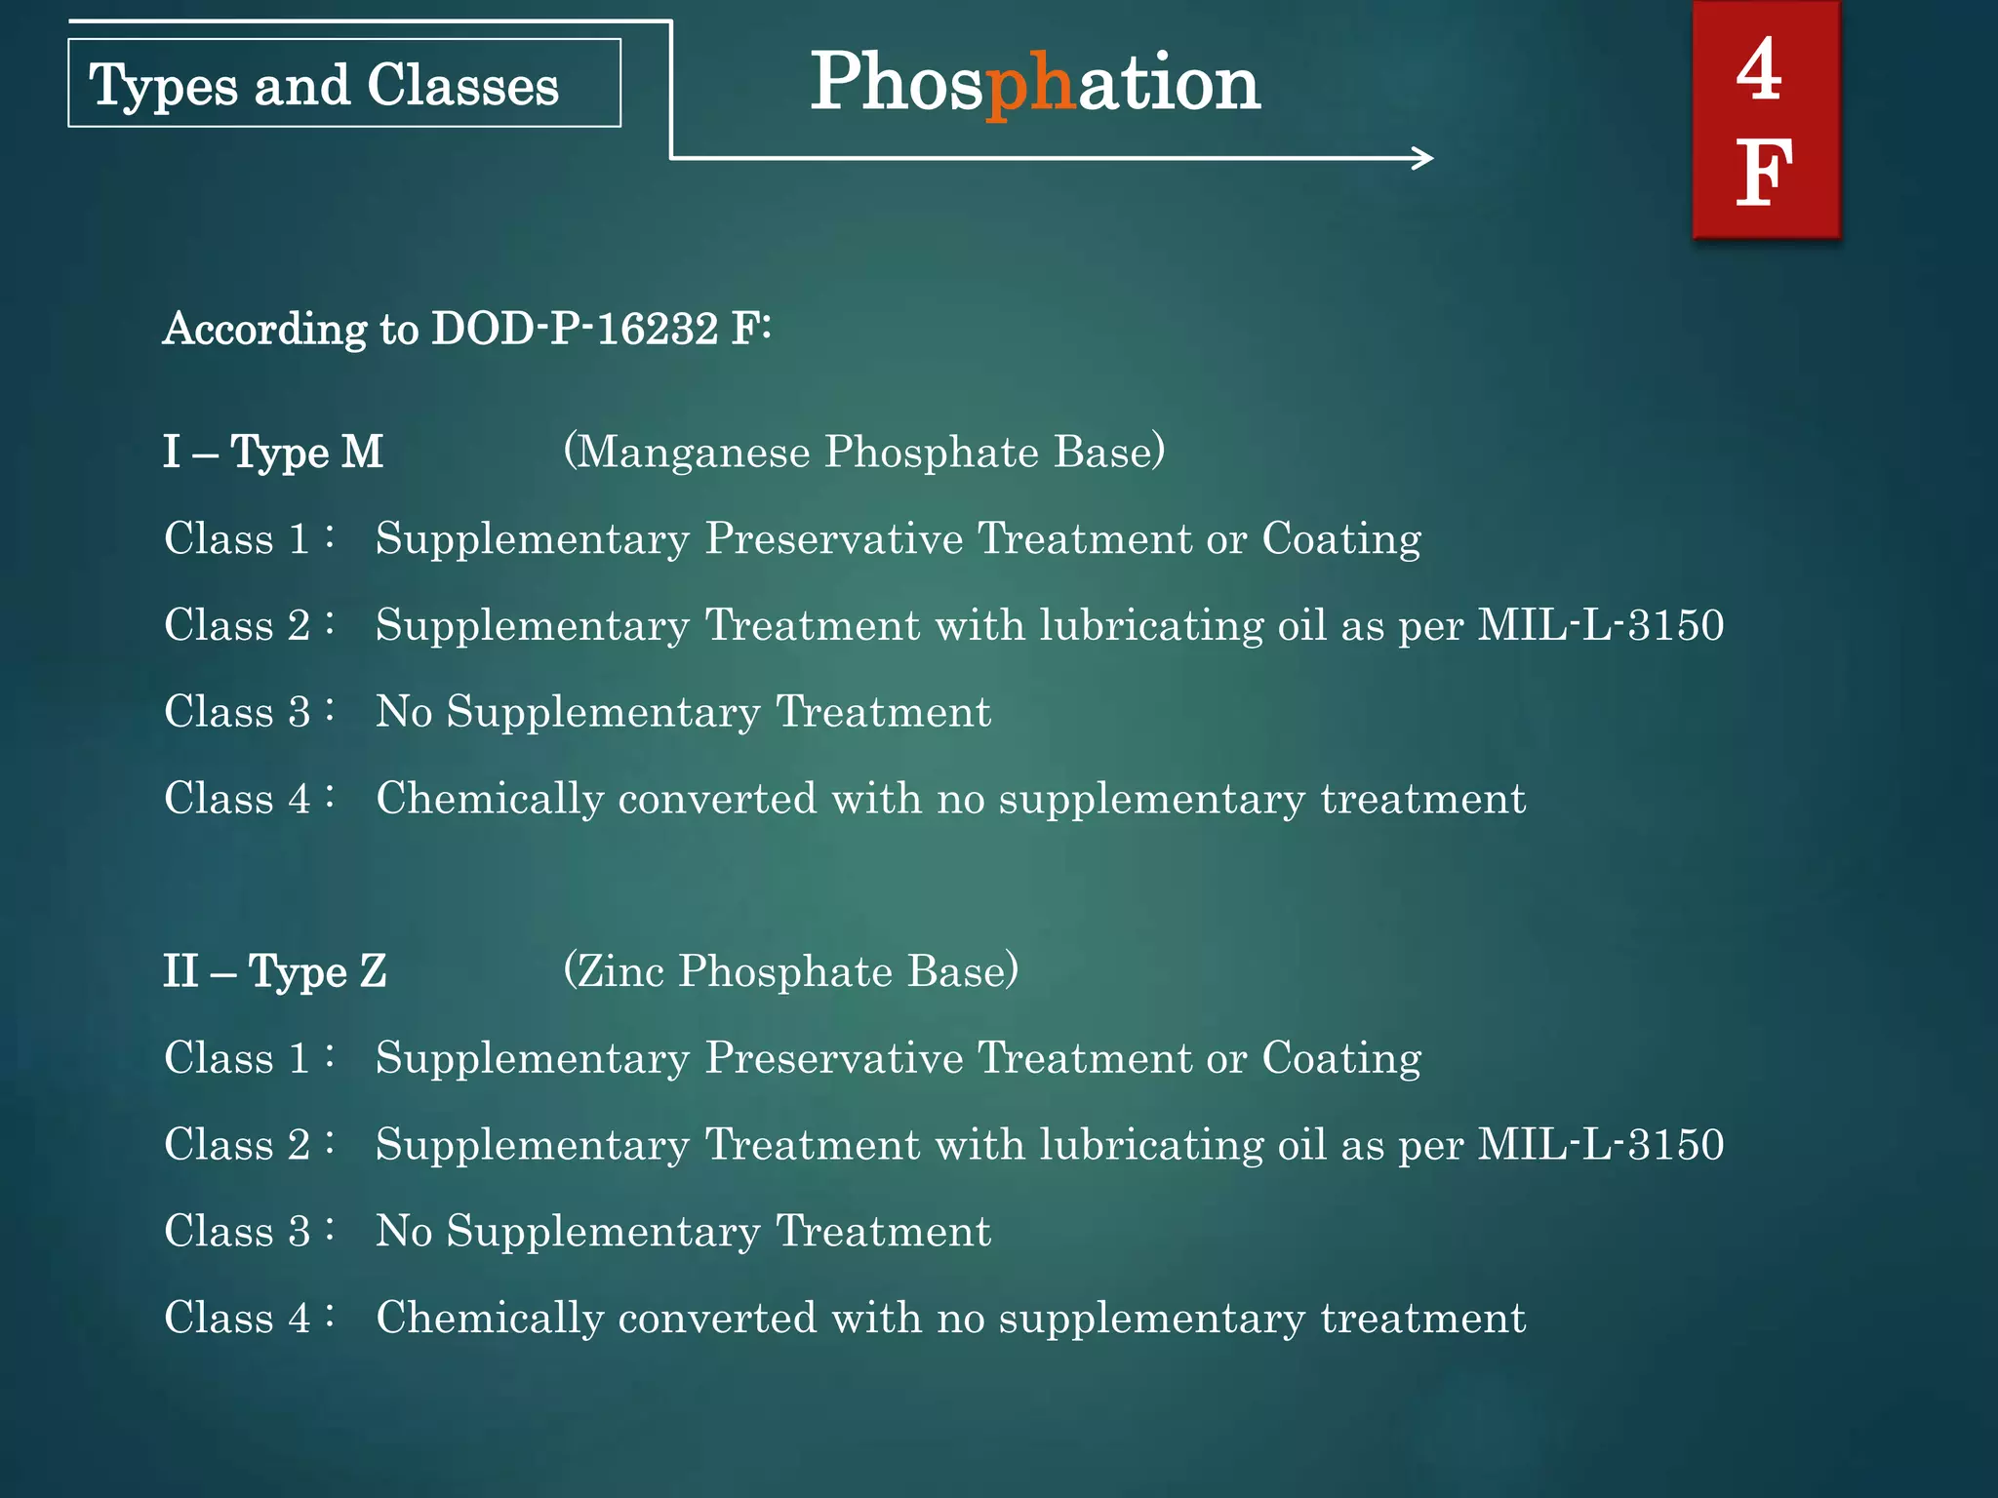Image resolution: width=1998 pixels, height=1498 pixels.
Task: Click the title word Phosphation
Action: [1035, 84]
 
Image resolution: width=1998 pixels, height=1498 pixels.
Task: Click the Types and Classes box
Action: [343, 84]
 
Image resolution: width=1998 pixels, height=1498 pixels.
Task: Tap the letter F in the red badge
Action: [1764, 174]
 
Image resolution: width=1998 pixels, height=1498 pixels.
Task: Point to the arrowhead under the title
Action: [1424, 158]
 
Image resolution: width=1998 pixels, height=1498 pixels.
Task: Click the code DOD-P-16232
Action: [575, 329]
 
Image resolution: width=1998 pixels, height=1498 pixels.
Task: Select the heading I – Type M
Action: [273, 453]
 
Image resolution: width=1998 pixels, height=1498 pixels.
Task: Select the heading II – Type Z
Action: [275, 971]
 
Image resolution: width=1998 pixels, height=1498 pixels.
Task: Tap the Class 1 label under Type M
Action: [237, 539]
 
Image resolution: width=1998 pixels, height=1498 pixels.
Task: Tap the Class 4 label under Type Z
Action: [237, 1319]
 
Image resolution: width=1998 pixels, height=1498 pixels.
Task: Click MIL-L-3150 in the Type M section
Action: [1600, 625]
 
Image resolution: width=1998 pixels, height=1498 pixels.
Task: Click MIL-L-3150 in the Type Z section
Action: [1600, 1145]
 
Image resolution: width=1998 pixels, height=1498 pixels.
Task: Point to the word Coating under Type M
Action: [1341, 539]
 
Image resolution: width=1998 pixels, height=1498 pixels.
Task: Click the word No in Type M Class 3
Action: [404, 712]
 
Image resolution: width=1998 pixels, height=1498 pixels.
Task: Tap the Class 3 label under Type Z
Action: [237, 1232]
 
